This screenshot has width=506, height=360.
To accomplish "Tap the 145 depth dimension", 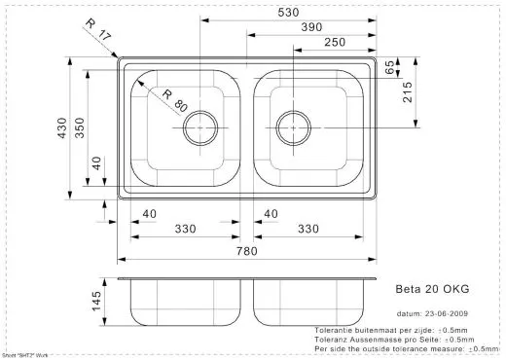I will click(95, 301).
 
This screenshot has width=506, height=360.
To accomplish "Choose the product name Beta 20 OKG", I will click(433, 289).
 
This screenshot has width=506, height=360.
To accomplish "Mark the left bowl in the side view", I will click(185, 305).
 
